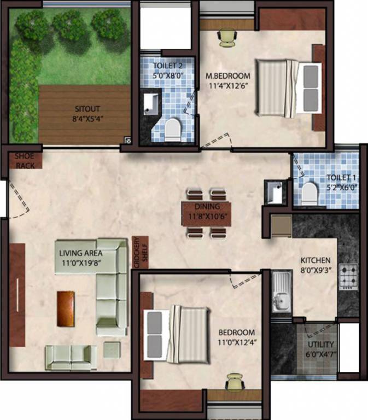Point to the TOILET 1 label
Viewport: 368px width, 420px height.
pyautogui.click(x=340, y=177)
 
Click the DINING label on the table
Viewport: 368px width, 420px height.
pyautogui.click(x=207, y=207)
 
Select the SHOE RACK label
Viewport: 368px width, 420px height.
pyautogui.click(x=25, y=161)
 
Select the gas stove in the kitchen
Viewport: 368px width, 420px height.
pyautogui.click(x=348, y=276)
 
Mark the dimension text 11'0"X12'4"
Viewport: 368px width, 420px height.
pyautogui.click(x=236, y=342)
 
